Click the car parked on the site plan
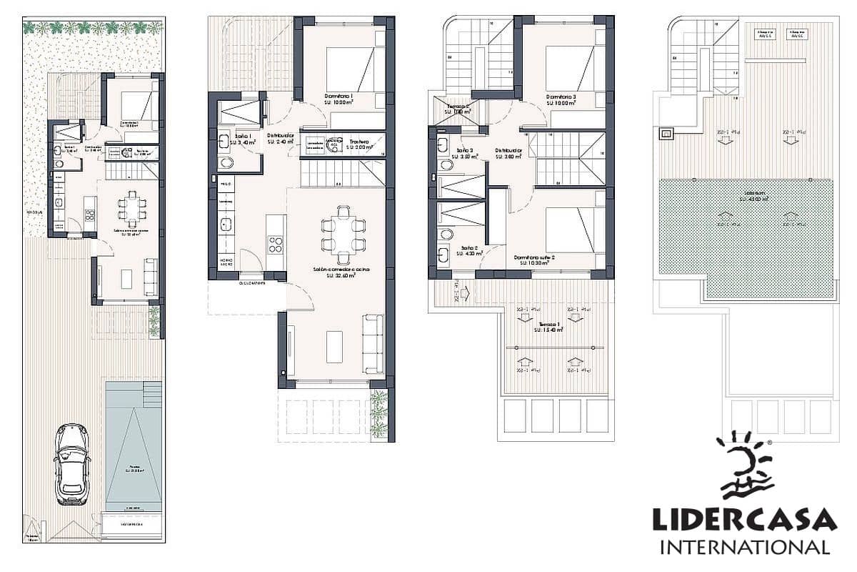[x=72, y=463]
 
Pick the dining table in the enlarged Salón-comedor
[x=344, y=235]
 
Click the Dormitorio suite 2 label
[x=534, y=260]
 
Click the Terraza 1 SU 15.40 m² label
[x=548, y=327]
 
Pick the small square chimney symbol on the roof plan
[x=666, y=133]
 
